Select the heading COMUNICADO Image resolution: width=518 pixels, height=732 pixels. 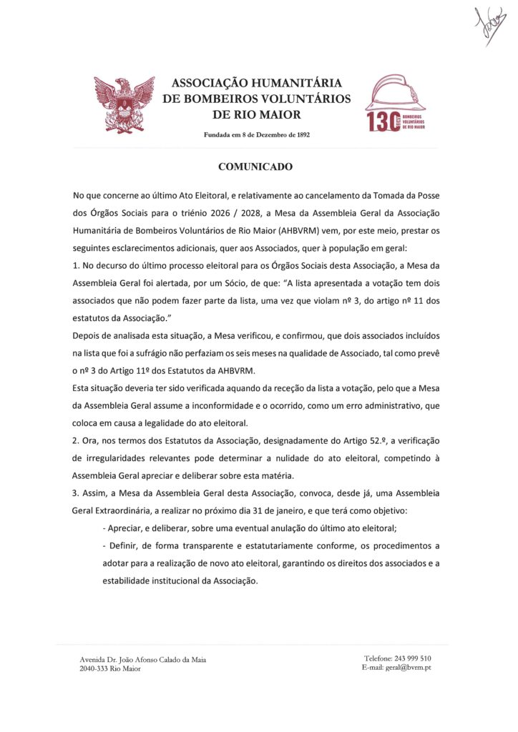(255, 167)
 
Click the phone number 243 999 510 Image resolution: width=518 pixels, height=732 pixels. (407, 658)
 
